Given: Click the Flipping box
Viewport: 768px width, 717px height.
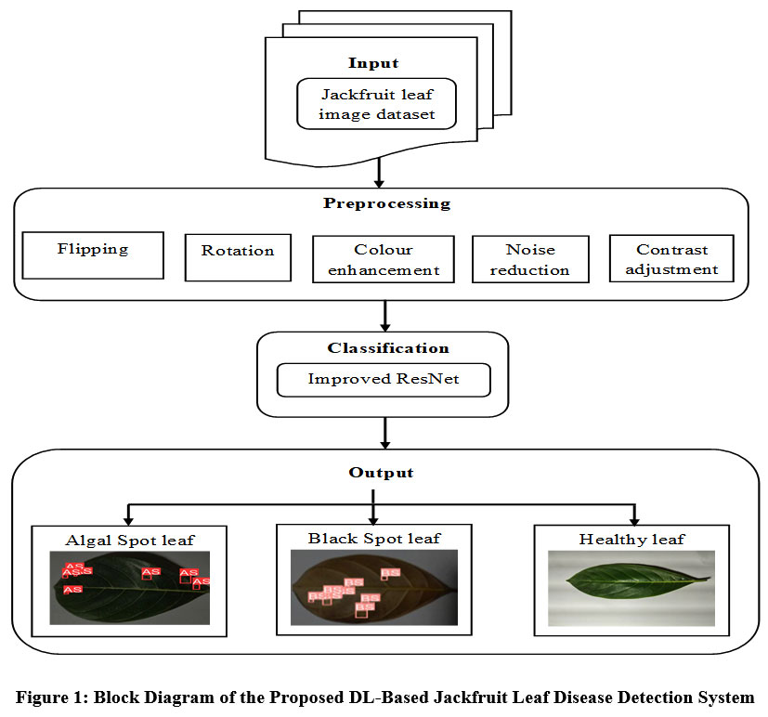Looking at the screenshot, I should [93, 254].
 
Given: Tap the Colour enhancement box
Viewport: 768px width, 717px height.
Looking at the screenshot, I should [384, 259].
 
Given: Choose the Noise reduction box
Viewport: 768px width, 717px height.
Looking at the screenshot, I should [530, 259].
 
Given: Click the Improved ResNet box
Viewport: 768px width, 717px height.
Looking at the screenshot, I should [383, 379].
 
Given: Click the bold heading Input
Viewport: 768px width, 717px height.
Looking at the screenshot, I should [373, 63].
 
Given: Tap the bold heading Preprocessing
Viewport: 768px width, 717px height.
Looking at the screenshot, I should [386, 203].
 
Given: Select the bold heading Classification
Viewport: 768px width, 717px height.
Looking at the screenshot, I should [388, 348].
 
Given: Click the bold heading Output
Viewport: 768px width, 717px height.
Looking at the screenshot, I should [382, 473].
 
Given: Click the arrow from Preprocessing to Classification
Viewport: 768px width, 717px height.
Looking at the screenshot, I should [384, 316].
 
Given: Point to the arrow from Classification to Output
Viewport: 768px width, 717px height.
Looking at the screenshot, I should [384, 432].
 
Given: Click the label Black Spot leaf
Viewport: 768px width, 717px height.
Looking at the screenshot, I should [374, 538].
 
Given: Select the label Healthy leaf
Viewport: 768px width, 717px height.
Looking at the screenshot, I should [631, 539].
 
